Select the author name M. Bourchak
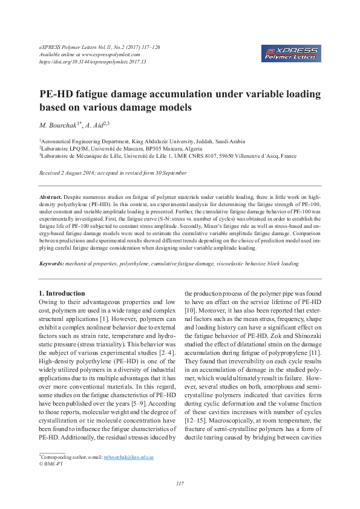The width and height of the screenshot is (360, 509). pos(59,125)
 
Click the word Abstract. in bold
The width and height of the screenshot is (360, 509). pos(51,197)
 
